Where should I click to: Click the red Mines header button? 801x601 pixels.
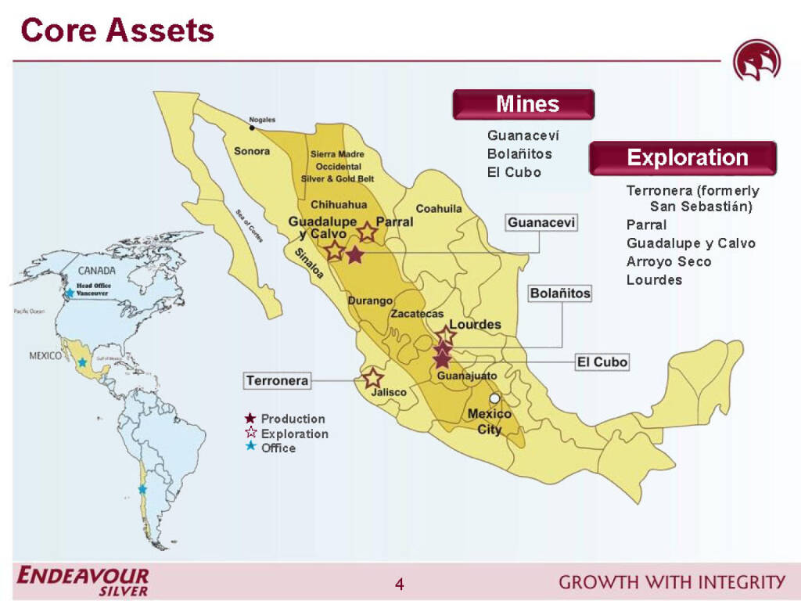523,104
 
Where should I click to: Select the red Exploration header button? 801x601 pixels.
682,158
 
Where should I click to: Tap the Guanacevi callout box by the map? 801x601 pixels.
541,223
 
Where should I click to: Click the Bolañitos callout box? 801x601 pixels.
560,293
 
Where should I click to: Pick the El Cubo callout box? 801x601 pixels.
602,362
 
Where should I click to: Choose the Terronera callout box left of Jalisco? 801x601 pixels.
277,381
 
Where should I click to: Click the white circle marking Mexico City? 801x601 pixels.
494,399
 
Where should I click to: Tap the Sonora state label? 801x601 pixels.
252,151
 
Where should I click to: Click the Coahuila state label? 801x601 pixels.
438,209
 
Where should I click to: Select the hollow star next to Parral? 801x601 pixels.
367,232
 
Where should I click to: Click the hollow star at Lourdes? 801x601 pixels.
445,336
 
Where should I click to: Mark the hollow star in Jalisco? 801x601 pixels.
372,378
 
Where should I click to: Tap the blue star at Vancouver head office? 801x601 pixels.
70,293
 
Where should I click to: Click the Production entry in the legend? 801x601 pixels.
292,419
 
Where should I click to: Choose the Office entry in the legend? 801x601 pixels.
278,448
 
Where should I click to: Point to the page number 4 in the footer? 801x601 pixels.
400,584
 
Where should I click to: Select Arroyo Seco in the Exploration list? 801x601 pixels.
668,261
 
